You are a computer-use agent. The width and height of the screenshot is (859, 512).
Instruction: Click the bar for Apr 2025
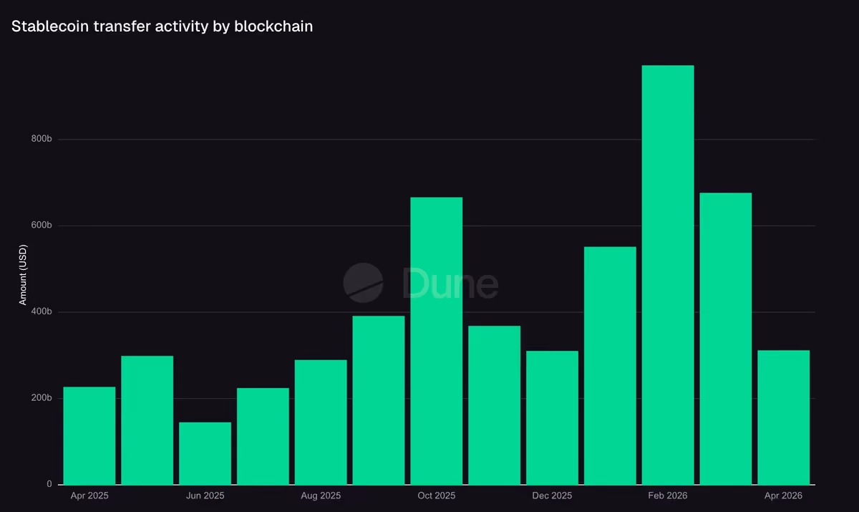coord(89,435)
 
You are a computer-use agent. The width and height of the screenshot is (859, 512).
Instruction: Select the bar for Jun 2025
coord(205,453)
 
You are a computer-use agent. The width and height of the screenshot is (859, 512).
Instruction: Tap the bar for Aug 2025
coord(321,422)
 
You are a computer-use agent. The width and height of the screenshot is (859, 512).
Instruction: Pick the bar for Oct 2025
coord(437,341)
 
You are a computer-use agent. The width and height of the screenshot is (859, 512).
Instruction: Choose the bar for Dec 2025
coord(552,417)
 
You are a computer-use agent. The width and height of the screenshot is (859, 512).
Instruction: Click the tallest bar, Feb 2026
coord(668,275)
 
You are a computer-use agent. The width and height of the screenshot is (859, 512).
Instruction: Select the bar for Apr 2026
coord(783,417)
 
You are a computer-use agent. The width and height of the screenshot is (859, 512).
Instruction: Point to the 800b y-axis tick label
coord(42,139)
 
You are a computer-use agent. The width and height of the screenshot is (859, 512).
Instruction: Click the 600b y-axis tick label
coord(42,225)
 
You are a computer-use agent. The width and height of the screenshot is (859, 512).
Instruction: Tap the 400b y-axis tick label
coord(42,311)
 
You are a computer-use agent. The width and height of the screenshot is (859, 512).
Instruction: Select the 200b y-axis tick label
coord(42,397)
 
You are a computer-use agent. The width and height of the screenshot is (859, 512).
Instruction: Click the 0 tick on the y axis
coord(49,484)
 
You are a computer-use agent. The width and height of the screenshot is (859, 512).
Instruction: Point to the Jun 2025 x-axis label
coord(205,496)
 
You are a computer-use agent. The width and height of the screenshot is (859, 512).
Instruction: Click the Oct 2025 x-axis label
coord(437,496)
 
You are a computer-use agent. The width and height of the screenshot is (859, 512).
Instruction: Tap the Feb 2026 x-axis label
coord(668,496)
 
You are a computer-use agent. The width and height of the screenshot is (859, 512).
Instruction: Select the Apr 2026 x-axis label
coord(783,496)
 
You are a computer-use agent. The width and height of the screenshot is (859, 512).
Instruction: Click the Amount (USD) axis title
coord(23,275)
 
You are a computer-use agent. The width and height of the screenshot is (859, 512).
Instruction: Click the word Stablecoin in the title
coord(50,26)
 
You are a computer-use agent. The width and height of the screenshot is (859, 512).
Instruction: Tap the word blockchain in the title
coord(273,26)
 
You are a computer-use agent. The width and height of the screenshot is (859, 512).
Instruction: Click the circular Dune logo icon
coord(363,283)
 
